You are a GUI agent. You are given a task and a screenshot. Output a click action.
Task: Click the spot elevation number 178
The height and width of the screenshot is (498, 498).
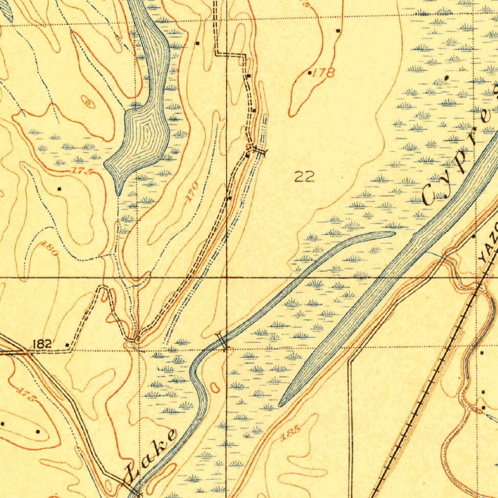tap(324, 73)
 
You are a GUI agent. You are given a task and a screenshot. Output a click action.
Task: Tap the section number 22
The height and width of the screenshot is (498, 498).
tap(304, 177)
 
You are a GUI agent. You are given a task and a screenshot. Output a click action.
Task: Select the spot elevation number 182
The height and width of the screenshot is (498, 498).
tap(42, 344)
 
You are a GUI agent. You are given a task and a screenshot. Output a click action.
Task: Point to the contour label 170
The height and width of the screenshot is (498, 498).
tap(192, 191)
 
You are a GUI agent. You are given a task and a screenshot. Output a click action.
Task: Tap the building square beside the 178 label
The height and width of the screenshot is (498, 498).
tap(310, 73)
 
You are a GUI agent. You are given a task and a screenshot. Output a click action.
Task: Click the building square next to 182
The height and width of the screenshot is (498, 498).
tap(67, 345)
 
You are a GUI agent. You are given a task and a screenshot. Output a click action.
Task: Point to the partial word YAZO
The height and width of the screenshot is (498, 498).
tap(487, 249)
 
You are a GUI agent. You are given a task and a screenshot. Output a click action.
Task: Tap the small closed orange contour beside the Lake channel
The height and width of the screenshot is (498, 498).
tap(215, 387)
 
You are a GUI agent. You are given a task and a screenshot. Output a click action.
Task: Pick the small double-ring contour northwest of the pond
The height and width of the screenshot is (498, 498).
tap(88, 102)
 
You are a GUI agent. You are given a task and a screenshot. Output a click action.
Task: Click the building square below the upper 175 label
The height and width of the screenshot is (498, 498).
tap(59, 188)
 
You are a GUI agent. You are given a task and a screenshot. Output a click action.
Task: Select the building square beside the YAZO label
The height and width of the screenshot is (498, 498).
tap(475, 236)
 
